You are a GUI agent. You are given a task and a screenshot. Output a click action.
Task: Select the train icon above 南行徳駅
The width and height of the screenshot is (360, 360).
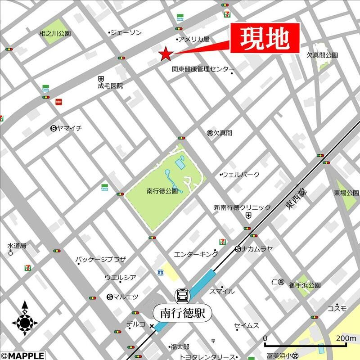coord(183,296)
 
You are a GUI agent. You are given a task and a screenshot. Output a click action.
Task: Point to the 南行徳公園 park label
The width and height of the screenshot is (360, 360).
coord(162,190)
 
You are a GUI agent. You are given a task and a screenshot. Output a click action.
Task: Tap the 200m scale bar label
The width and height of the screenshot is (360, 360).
coord(345,338)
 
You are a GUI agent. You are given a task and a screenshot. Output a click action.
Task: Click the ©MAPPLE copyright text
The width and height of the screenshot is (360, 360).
coord(22,355)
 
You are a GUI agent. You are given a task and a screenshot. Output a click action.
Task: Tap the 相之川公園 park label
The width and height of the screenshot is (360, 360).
coord(55,33)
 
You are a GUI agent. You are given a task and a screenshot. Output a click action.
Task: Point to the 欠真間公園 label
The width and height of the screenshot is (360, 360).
coord(322,55)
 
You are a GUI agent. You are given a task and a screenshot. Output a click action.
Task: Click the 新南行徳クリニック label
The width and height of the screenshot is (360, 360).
coord(242,207)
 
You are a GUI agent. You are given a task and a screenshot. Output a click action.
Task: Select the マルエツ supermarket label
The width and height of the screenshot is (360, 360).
coord(126,297)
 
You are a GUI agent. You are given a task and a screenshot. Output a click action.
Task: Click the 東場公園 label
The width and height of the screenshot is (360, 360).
coord(346,193)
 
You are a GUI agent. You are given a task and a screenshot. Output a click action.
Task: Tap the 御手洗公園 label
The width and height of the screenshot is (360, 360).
coord(305,285)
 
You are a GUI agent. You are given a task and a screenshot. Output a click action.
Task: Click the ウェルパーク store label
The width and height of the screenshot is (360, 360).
coord(241,174)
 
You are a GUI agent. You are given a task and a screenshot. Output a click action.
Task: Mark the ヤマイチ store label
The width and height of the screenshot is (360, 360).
coord(69,128)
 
